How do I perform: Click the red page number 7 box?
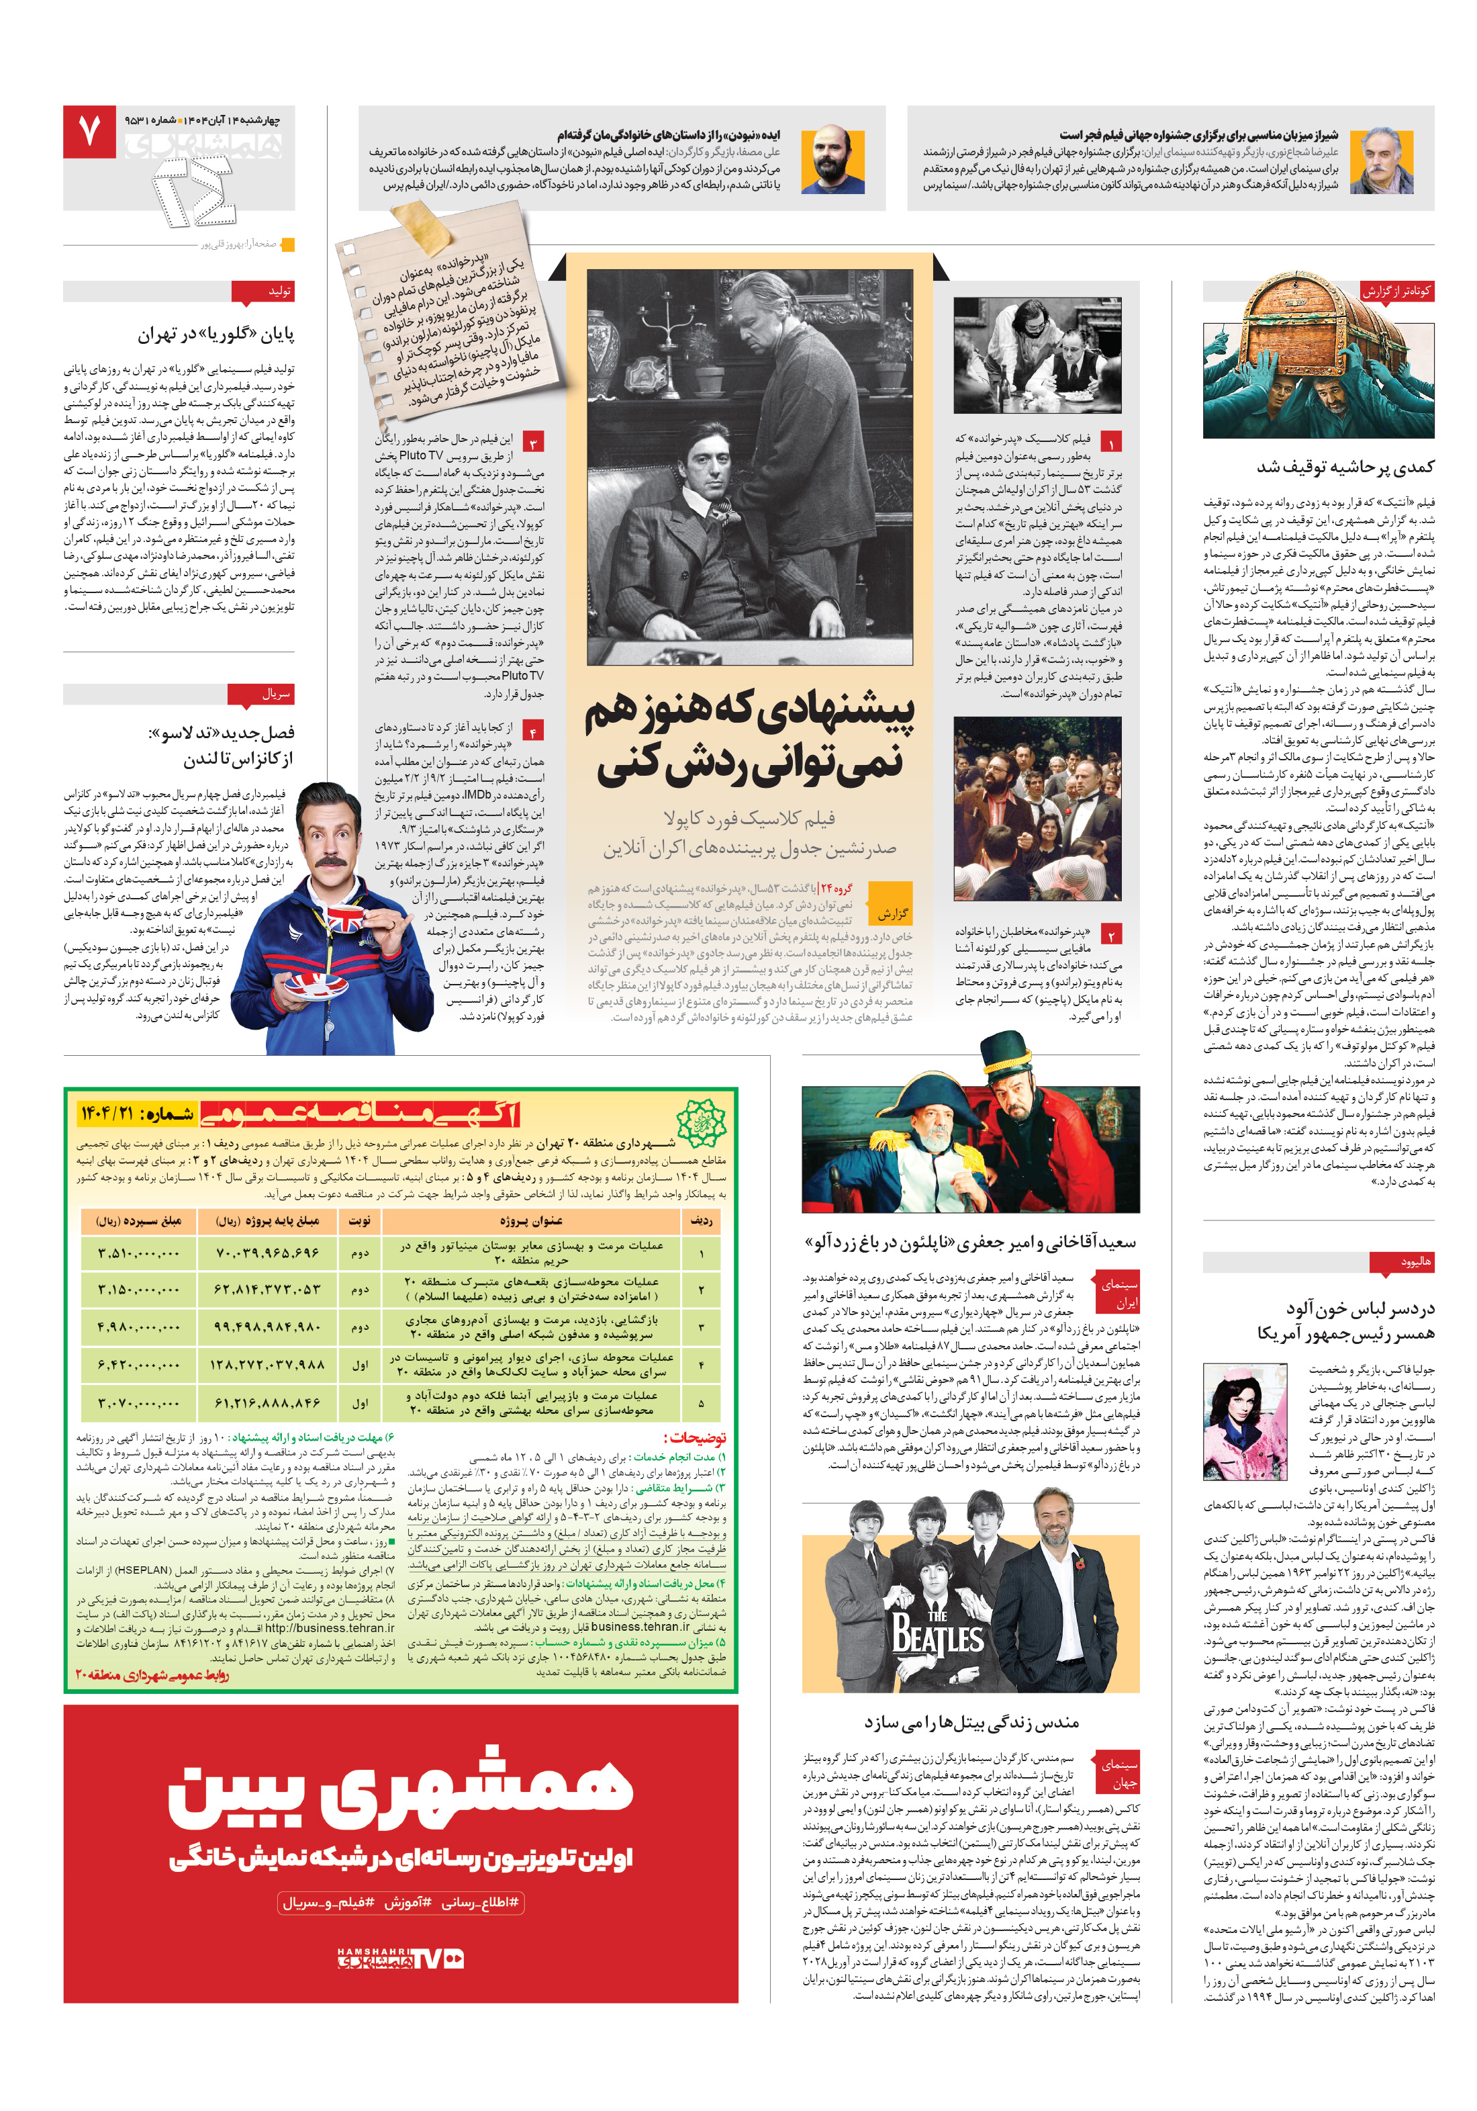point(89,130)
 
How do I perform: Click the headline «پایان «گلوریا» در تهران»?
point(216,334)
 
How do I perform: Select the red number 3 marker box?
point(533,442)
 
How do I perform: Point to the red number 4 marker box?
point(533,731)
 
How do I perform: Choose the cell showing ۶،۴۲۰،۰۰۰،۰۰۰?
point(139,1364)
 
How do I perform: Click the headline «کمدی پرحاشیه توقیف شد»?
point(1345,467)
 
